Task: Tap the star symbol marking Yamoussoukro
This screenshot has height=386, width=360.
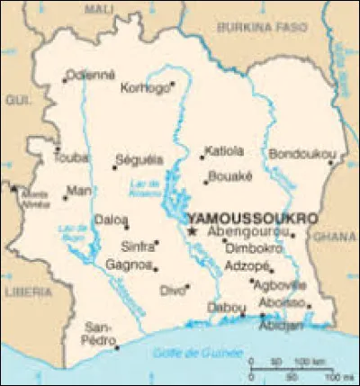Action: (x=192, y=231)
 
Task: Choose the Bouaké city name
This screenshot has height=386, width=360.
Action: (x=228, y=176)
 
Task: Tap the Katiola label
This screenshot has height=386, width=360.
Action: (x=224, y=149)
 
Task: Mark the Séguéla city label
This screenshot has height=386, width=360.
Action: (x=139, y=159)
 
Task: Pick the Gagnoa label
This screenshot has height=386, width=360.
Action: (x=126, y=265)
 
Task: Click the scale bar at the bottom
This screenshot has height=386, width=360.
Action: (x=289, y=368)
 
